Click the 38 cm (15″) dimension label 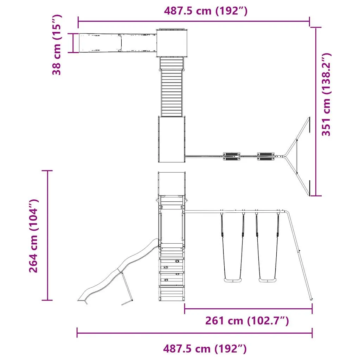tap(57, 45)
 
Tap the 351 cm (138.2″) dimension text tap(327, 95)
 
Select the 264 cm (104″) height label tap(33, 236)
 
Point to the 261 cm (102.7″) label tap(247, 321)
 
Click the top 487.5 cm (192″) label tap(206, 11)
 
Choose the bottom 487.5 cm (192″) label tap(205, 349)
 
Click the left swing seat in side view tap(233, 280)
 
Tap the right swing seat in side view tap(268, 280)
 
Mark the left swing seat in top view tap(231, 156)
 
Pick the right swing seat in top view tap(266, 156)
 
